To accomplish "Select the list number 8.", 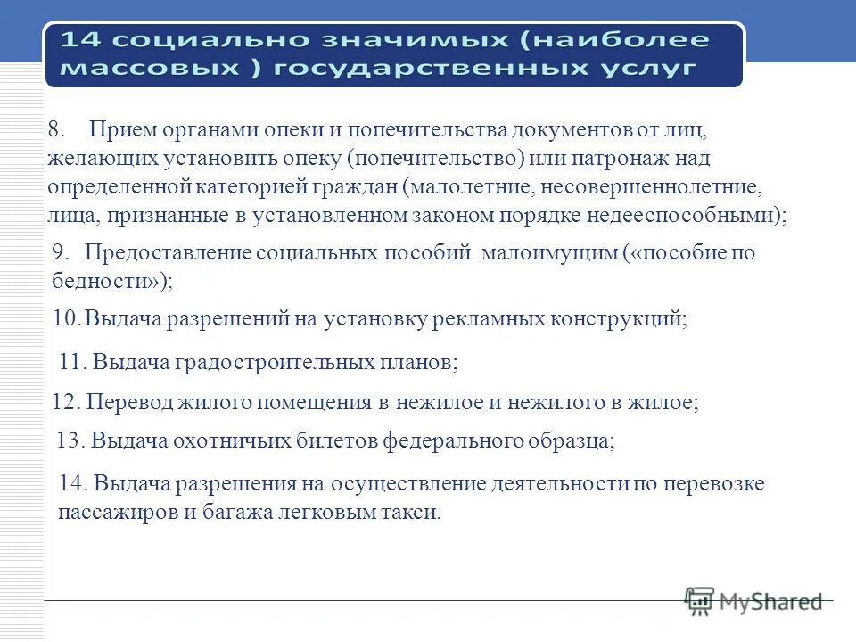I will point(57,128).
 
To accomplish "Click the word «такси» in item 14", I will point(414,513).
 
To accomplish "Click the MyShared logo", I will point(754,601).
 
